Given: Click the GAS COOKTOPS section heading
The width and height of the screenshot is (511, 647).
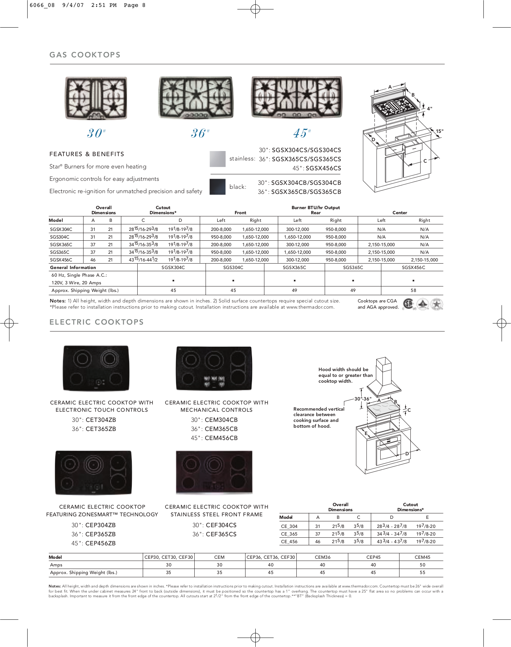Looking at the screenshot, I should [x=85, y=55].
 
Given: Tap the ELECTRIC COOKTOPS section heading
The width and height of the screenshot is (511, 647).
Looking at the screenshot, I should [x=96, y=322].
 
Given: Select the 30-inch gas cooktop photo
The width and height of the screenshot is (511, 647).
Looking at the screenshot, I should [x=96, y=98].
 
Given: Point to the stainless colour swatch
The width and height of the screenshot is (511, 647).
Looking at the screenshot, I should [x=218, y=159].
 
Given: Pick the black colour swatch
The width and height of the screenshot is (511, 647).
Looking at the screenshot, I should [x=218, y=187].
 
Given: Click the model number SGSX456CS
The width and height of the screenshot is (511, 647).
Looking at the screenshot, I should [x=323, y=168].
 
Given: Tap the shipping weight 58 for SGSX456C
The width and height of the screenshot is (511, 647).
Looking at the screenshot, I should [x=413, y=290].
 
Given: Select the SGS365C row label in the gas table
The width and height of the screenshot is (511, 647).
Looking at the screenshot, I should [x=60, y=252].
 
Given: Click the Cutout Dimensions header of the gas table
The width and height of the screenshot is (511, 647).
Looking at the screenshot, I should [x=163, y=210].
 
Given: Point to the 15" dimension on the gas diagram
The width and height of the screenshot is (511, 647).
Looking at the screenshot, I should [x=439, y=131].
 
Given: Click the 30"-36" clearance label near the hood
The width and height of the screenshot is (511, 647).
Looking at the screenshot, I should [x=363, y=399].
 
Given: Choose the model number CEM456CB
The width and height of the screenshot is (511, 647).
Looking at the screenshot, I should [x=221, y=438].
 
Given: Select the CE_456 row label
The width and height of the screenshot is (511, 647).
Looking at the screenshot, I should [x=289, y=542].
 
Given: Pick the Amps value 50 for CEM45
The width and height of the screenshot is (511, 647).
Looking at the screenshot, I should [x=422, y=565].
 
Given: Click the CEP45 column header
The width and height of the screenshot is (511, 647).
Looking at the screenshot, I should [x=373, y=557].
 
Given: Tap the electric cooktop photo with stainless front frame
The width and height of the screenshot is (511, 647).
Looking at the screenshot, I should [x=214, y=472].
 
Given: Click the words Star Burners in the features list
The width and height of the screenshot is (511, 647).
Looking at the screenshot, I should [x=65, y=167].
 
